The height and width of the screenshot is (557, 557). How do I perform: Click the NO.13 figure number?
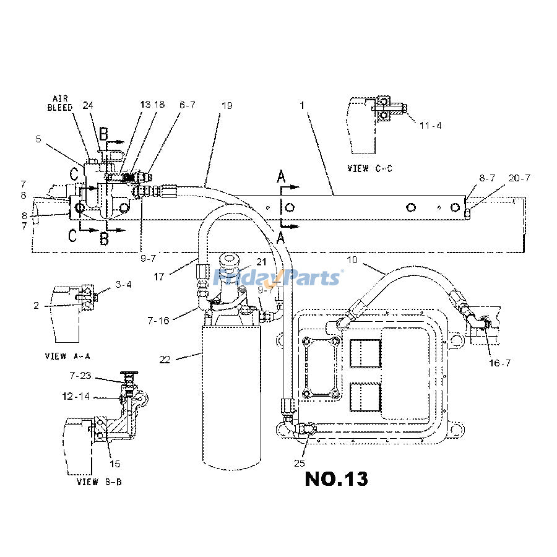click(x=336, y=478)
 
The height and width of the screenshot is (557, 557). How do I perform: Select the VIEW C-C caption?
click(x=370, y=168)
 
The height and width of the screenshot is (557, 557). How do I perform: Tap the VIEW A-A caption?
click(x=67, y=356)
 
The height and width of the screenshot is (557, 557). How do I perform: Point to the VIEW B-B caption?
click(x=98, y=481)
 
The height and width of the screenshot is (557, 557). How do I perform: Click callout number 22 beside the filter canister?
click(x=165, y=359)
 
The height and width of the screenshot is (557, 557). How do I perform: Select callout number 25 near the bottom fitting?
click(x=300, y=462)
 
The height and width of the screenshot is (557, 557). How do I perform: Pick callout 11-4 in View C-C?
click(x=430, y=126)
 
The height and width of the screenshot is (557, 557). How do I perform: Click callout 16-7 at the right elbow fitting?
click(x=499, y=363)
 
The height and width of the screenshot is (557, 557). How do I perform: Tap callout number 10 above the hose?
click(x=352, y=261)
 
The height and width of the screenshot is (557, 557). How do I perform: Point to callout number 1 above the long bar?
click(x=303, y=106)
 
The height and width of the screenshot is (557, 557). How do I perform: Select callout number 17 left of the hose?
click(x=159, y=277)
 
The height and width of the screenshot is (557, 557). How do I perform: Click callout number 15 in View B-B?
click(x=115, y=464)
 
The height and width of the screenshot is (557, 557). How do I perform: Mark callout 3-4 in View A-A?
click(x=124, y=285)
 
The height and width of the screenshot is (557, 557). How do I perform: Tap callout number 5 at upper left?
click(x=38, y=140)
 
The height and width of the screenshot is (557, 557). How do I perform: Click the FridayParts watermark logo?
click(x=277, y=277)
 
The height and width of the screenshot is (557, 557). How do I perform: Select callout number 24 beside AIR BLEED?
click(x=89, y=105)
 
